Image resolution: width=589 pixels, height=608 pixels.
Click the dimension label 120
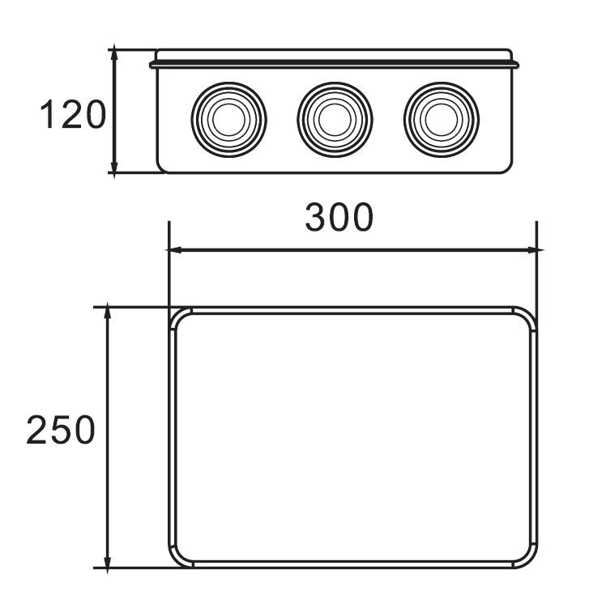coord(73,116)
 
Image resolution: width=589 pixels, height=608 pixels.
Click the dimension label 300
coord(339,216)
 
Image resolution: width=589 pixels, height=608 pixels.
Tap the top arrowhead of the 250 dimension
coord(107,313)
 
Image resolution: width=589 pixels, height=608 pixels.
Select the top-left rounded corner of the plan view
coord(177,317)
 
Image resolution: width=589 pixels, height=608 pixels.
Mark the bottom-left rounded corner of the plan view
coord(177,559)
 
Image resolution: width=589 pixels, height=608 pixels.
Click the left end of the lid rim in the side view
coord(152,61)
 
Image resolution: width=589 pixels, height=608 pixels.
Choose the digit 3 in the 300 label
coord(316,216)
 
